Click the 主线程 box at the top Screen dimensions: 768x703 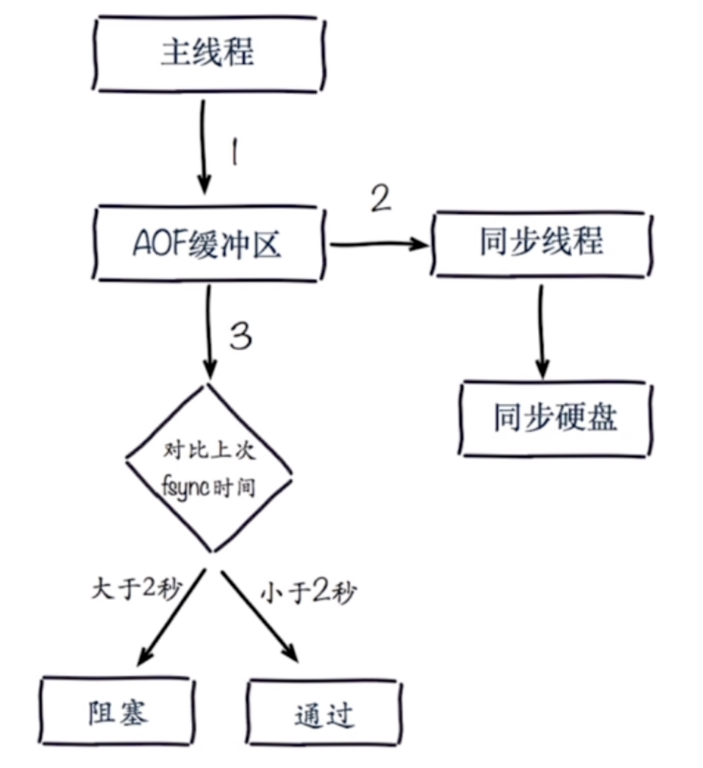pyautogui.click(x=208, y=53)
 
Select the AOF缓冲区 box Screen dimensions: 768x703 pyautogui.click(x=208, y=244)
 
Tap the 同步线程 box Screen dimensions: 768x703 pyautogui.click(x=541, y=243)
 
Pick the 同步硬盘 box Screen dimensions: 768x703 pyautogui.click(x=555, y=418)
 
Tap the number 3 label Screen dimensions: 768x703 pyautogui.click(x=241, y=336)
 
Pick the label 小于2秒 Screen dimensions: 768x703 pyautogui.click(x=308, y=592)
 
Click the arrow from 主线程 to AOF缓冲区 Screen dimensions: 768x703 pyautogui.click(x=203, y=146)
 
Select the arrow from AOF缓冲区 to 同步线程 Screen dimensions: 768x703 pyautogui.click(x=377, y=244)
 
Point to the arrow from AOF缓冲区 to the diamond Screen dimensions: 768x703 pyautogui.click(x=209, y=332)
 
